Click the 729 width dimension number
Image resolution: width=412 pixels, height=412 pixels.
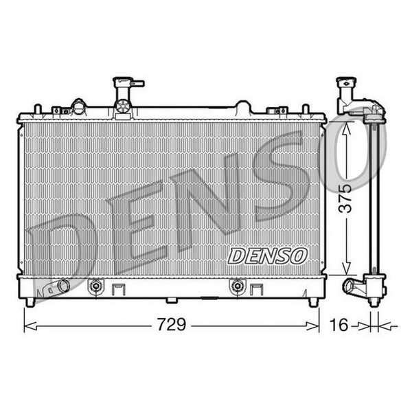pyautogui.click(x=172, y=325)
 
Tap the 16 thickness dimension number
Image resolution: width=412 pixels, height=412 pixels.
pyautogui.click(x=339, y=325)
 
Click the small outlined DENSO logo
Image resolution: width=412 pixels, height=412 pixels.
pyautogui.click(x=268, y=256)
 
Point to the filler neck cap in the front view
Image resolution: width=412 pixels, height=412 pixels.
pyautogui.click(x=122, y=81)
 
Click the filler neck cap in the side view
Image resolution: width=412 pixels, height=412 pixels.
pyautogui.click(x=346, y=82)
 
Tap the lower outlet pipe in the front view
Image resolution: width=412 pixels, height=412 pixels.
pyautogui.click(x=63, y=286)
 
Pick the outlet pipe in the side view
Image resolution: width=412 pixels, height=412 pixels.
pyautogui.click(x=350, y=286)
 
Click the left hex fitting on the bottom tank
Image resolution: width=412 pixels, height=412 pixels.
pyautogui.click(x=95, y=286)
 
